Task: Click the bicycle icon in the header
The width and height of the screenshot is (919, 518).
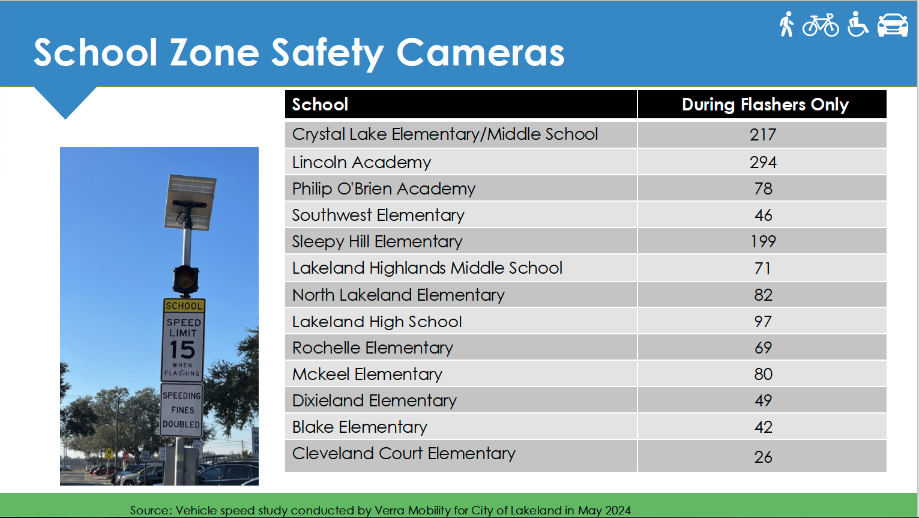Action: point(821,25)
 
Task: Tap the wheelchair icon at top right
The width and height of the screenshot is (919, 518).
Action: point(857,24)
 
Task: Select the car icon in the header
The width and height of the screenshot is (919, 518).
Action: point(893,25)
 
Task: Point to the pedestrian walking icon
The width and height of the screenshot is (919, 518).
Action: point(786,24)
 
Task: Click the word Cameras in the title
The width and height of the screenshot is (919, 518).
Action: point(480,52)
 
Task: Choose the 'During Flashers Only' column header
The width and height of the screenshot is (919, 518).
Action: point(765,104)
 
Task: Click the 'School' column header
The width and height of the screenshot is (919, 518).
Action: point(320,104)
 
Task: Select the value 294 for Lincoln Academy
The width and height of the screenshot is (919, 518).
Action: point(763,163)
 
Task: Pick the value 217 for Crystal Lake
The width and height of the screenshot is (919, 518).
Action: point(763,135)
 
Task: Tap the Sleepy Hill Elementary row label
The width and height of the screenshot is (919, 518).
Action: point(377,241)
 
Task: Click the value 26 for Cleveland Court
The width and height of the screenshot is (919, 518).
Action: point(763,457)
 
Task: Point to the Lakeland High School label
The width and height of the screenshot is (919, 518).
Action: point(376,322)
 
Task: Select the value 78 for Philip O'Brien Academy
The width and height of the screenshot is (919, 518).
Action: point(763,189)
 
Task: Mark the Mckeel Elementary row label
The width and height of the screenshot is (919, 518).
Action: point(367,375)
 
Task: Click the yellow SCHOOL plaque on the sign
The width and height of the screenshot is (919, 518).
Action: point(184,306)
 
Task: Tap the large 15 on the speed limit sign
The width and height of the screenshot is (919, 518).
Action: point(182,350)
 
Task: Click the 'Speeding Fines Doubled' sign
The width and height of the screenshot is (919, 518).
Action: point(181,410)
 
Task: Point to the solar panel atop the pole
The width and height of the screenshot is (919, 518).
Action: point(190,202)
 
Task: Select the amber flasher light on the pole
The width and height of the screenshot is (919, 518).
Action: point(185,279)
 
